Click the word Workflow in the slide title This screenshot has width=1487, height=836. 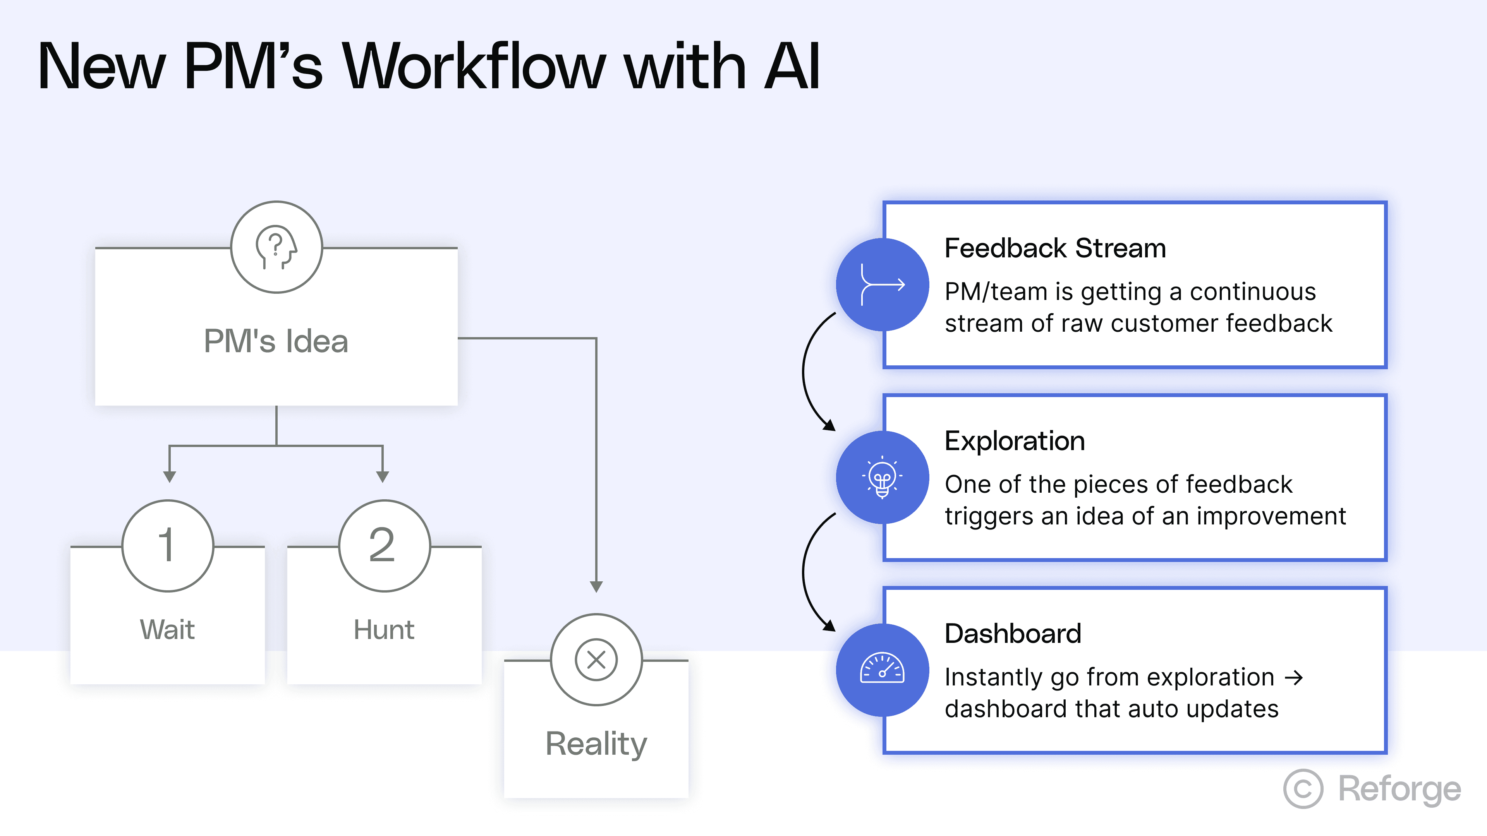pos(473,67)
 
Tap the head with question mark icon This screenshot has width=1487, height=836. pos(276,247)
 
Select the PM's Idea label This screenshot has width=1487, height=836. pos(276,341)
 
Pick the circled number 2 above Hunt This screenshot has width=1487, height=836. pos(384,546)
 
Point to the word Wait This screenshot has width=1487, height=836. pos(167,629)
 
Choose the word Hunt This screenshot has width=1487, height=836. pos(384,629)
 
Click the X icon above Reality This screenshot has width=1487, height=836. pos(596,660)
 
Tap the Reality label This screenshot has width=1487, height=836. pos(596,743)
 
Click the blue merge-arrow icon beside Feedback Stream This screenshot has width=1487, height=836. pos(882,284)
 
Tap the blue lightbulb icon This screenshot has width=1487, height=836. pos(882,477)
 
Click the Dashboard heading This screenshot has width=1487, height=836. pos(1013,634)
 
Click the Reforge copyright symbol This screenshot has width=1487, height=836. pos(1303,789)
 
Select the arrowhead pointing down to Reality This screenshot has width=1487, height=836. pos(596,587)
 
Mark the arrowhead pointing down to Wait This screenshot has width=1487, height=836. pos(169,476)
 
